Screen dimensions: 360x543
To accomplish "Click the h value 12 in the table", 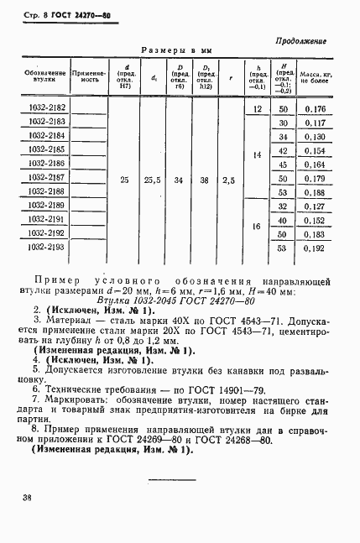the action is click(257, 109).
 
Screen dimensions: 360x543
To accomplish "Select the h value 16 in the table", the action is click(257, 227).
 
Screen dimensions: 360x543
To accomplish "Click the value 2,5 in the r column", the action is click(229, 179).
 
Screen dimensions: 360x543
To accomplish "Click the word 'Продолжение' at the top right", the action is click(300, 41).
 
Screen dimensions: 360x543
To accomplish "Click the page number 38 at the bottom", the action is click(27, 498).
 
